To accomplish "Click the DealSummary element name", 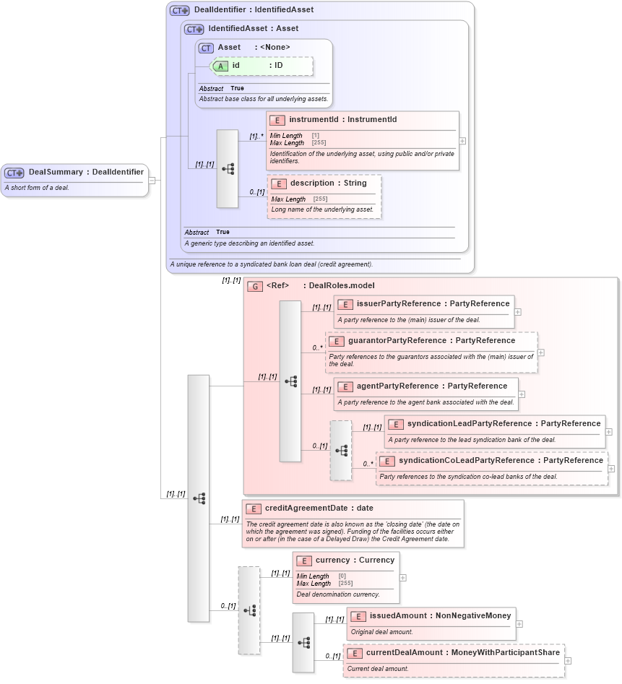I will pyautogui.click(x=55, y=172).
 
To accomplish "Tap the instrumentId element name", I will pyautogui.click(x=314, y=120).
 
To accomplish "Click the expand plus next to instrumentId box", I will pyautogui.click(x=462, y=141).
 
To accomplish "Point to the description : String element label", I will pyautogui.click(x=328, y=183).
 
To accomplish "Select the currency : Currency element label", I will pyautogui.click(x=355, y=560).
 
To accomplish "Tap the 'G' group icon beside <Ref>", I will pyautogui.click(x=254, y=286).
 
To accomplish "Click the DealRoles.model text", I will pyautogui.click(x=341, y=286).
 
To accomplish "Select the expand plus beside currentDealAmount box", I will pyautogui.click(x=568, y=660).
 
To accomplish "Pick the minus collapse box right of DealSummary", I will pyautogui.click(x=152, y=180).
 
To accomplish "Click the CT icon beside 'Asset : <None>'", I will pyautogui.click(x=207, y=48).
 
